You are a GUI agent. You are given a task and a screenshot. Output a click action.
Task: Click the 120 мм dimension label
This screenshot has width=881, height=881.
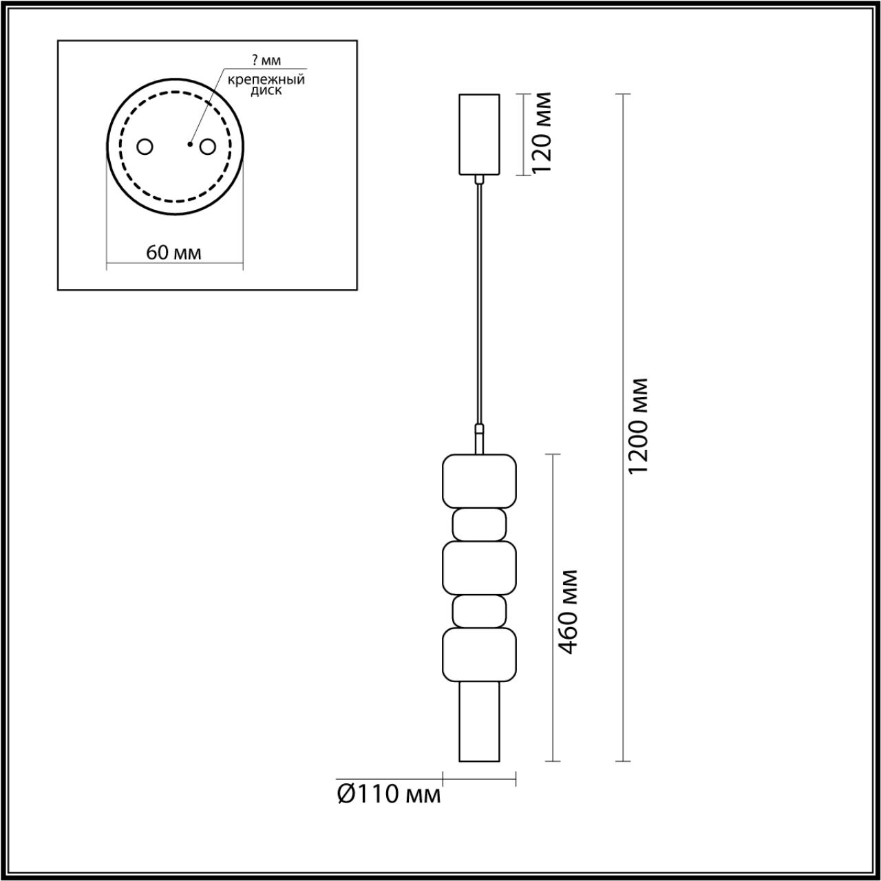(x=543, y=134)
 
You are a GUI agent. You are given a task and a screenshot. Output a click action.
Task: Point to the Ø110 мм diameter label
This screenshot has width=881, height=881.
(x=389, y=794)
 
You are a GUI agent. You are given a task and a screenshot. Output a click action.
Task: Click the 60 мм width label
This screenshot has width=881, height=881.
(x=174, y=253)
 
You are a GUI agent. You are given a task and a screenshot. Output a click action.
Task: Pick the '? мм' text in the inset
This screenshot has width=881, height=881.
(x=267, y=61)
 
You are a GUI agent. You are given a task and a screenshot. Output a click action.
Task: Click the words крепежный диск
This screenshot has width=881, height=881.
(x=267, y=85)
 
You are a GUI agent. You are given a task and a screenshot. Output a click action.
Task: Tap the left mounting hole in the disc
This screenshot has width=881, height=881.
(x=145, y=147)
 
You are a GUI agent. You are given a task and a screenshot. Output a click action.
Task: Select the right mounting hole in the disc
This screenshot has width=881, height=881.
(x=206, y=147)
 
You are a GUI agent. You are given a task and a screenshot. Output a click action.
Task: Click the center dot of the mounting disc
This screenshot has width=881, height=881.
(x=189, y=145)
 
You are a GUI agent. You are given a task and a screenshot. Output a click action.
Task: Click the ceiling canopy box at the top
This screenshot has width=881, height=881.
(x=479, y=134)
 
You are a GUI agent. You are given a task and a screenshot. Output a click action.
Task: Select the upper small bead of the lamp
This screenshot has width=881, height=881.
(x=479, y=524)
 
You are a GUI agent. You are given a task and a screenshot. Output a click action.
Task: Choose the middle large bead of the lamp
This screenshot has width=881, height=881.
(x=479, y=567)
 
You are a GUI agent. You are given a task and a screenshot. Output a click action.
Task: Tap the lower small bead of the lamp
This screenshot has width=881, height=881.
(x=479, y=611)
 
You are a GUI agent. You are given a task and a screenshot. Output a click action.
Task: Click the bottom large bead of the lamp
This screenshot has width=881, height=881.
(x=479, y=654)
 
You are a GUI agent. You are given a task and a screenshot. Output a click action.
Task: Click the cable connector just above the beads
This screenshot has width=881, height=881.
(x=479, y=439)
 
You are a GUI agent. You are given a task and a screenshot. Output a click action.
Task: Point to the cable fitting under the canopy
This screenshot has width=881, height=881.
(x=479, y=180)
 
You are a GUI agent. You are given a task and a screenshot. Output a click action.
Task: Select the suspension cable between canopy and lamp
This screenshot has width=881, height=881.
(x=479, y=303)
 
